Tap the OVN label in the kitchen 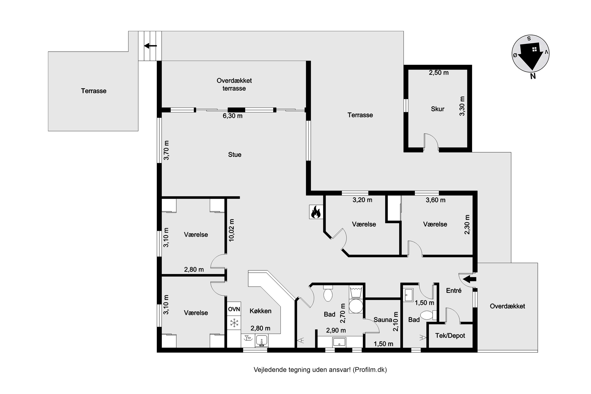click(234, 309)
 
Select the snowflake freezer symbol click(234, 323)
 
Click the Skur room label click(438, 109)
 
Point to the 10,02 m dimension click(231, 230)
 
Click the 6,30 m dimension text click(233, 116)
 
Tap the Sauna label click(383, 320)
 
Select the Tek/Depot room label click(450, 335)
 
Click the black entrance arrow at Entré click(470, 279)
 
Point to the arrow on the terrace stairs click(151, 46)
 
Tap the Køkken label click(260, 311)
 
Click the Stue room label click(235, 154)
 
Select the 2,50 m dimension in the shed click(439, 73)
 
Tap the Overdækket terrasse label click(234, 85)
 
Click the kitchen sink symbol click(262, 341)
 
